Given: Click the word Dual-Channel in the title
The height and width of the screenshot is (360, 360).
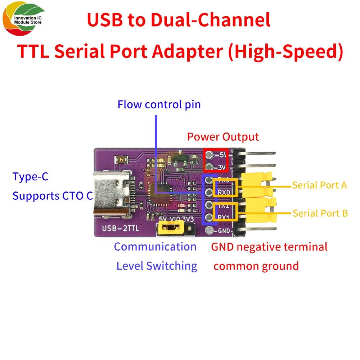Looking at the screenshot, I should point(211,21).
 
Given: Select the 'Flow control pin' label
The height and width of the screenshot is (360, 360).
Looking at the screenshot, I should point(159,105).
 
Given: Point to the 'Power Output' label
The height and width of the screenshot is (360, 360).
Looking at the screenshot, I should point(223,137).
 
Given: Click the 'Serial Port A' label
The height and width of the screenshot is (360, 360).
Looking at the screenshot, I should point(319,185).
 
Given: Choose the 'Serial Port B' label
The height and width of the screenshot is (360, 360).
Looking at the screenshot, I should point(320,213).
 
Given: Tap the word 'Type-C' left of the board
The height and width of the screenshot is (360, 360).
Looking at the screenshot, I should point(30,177).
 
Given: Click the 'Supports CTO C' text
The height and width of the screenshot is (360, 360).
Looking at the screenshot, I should point(53,196).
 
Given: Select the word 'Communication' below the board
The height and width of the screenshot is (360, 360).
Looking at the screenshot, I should point(155,247).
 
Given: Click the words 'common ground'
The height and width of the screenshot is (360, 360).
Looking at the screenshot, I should point(256,266).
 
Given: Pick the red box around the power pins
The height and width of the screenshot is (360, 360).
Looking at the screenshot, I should point(216,161).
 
